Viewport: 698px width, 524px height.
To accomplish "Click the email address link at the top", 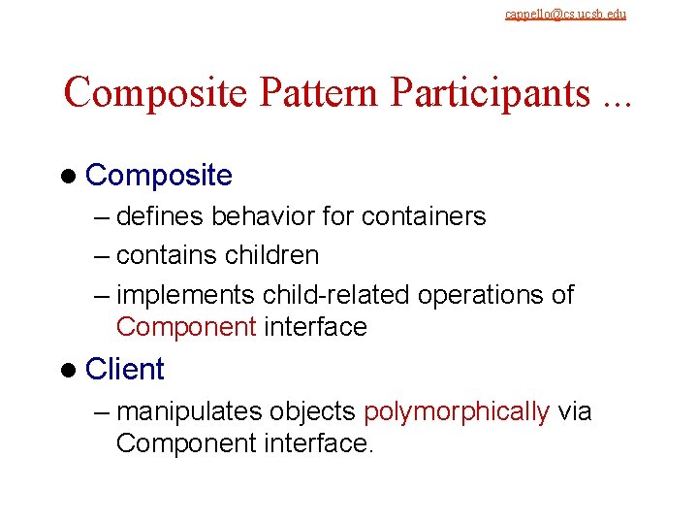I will (x=565, y=15).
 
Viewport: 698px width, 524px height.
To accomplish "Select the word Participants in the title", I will (x=491, y=93).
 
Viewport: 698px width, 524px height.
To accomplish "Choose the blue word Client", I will (x=125, y=369).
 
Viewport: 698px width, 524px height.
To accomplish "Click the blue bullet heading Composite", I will (x=159, y=176).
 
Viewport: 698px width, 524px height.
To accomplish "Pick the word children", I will (x=271, y=255).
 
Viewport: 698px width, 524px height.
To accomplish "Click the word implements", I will (x=185, y=295).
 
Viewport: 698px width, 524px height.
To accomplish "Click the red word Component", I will (x=185, y=327).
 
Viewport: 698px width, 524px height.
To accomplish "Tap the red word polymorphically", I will (x=457, y=411).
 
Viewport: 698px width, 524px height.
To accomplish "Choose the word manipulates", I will (x=188, y=411).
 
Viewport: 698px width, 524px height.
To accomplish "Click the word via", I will (x=575, y=411).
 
